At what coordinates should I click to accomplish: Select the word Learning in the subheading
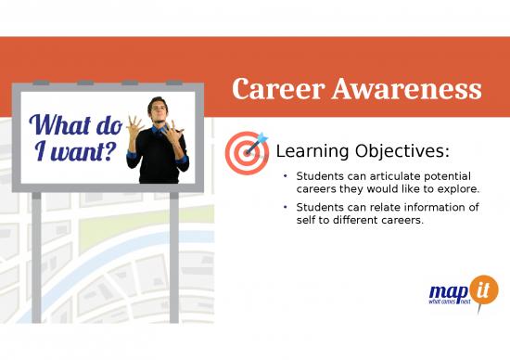click(310, 150)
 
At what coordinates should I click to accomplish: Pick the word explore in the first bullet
click(456, 189)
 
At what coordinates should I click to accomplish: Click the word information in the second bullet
click(434, 208)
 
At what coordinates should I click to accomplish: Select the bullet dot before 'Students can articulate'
click(287, 176)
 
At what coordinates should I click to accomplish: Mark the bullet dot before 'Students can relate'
click(287, 208)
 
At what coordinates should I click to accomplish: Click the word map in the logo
click(450, 291)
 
